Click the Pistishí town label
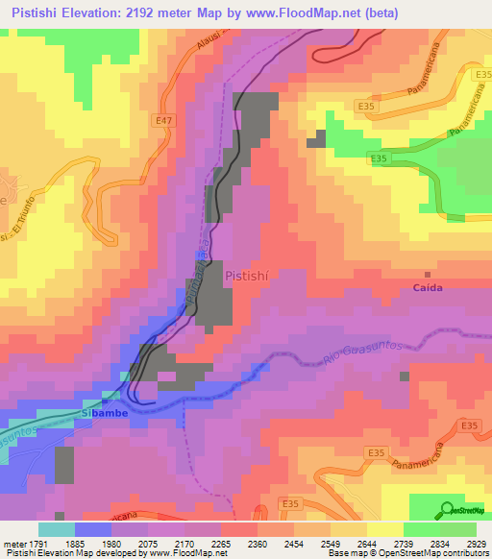[245, 275]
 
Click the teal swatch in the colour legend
[56, 529]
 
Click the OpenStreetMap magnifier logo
[445, 511]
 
